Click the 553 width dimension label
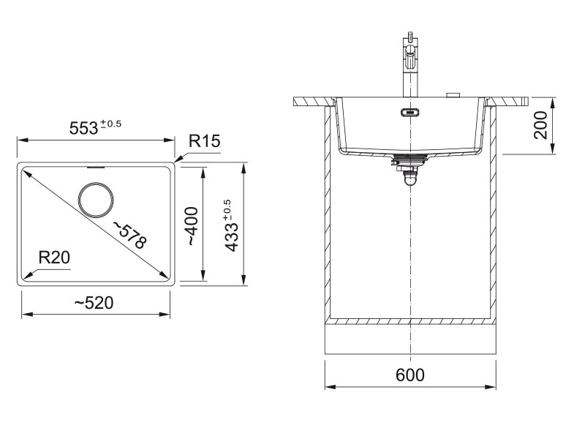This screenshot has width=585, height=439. click(83, 127)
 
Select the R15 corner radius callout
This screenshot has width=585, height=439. click(204, 141)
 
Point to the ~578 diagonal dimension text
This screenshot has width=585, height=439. click(129, 233)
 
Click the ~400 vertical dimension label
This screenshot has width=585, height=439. click(191, 225)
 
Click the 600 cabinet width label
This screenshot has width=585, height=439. click(409, 375)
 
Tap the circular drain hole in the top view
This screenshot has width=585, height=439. click(96, 199)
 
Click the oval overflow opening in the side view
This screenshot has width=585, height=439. click(409, 113)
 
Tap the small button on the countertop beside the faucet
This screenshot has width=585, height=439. click(453, 94)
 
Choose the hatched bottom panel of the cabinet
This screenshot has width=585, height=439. click(409, 320)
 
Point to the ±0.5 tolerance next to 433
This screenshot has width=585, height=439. click(226, 209)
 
